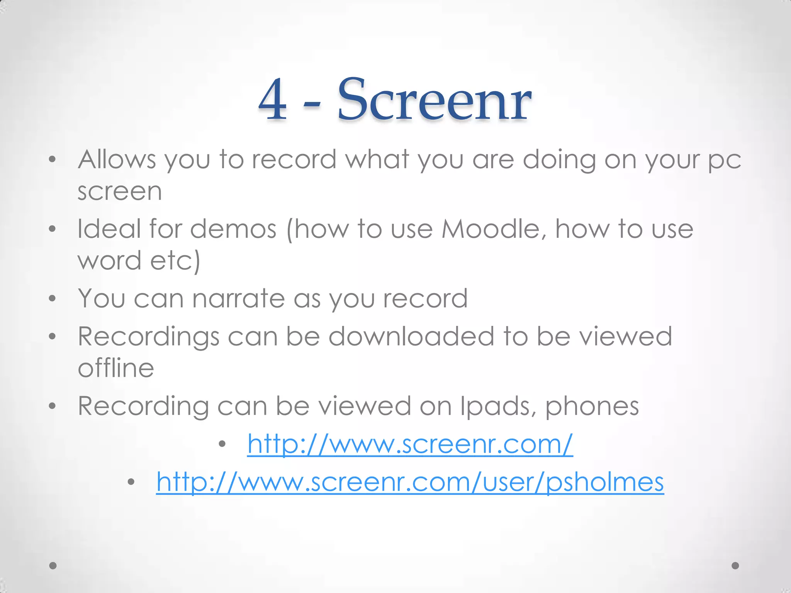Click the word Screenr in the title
434,100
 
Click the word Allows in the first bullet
117,159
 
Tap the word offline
116,368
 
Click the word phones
592,407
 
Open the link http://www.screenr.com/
410,444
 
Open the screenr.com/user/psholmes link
410,482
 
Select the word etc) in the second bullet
175,260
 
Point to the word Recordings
148,337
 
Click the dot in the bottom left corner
53,566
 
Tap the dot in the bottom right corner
735,566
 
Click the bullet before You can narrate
53,298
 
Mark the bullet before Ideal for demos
53,229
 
